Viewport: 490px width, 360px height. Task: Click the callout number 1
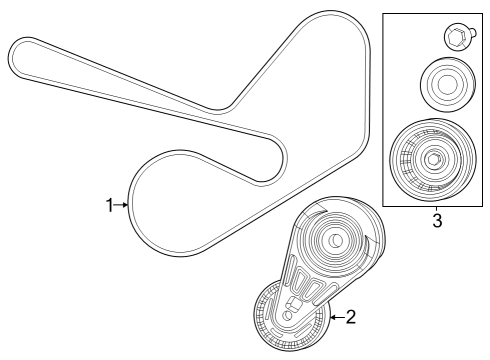point(111,205)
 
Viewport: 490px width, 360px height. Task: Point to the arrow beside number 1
point(124,205)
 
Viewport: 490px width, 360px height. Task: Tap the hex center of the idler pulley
point(432,159)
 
